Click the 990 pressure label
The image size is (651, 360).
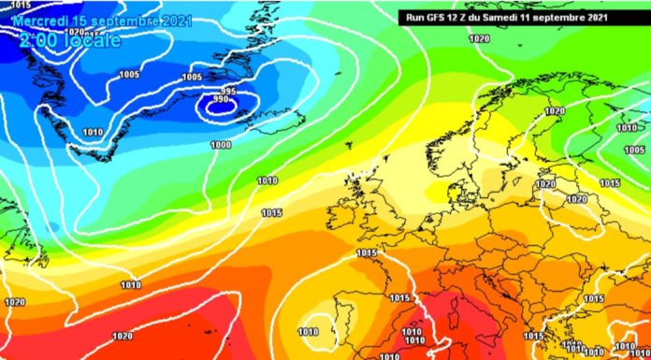tap(220, 98)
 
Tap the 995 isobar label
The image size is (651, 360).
tap(228, 90)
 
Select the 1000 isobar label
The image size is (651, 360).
tap(221, 145)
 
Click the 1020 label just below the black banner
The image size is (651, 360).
tap(479, 38)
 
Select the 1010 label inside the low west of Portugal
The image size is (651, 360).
tap(307, 332)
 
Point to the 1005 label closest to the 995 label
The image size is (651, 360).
tap(192, 77)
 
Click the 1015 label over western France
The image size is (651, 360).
tap(367, 253)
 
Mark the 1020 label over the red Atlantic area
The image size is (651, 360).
tap(123, 337)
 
